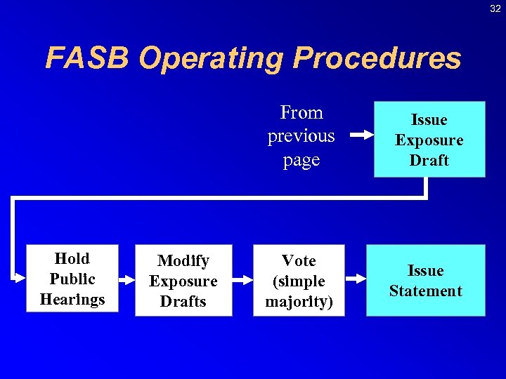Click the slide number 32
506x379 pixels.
coord(495,8)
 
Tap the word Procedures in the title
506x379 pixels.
coord(377,58)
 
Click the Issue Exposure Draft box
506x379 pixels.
coord(429,140)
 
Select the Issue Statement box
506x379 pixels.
coord(425,281)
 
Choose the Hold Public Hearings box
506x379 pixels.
coord(72,279)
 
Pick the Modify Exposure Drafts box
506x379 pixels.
coord(183,281)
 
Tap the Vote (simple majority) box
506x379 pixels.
coord(299,281)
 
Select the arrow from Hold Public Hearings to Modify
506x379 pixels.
coord(126,279)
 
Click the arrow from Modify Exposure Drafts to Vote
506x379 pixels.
coord(242,279)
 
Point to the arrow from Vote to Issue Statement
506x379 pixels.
coord(355,279)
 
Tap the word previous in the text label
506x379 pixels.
coord(301,135)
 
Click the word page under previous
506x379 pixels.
coord(301,160)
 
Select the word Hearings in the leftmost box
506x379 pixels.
coord(72,299)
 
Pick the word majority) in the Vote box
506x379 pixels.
coord(299,302)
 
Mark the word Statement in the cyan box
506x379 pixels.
coord(425,291)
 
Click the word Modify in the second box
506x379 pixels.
coord(183,261)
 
